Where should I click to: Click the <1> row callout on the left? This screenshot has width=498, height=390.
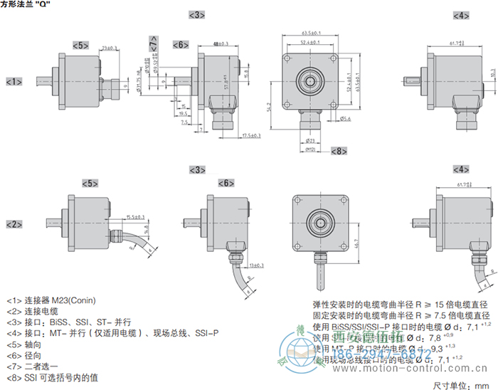click(14, 81)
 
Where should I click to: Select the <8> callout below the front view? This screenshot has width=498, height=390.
click(338, 151)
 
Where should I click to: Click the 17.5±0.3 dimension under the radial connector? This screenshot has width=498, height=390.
click(251, 135)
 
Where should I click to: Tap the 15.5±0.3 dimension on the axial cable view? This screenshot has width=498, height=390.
click(135, 216)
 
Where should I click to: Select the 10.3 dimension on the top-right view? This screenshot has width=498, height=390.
click(493, 74)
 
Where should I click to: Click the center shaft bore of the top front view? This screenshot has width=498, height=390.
click(310, 80)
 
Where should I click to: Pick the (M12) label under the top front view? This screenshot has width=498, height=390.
click(309, 149)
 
